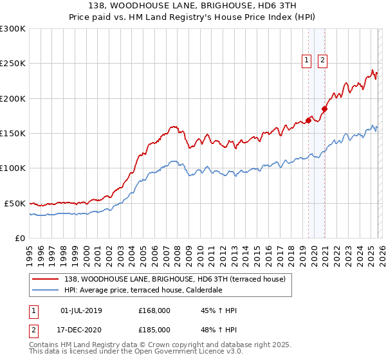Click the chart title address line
[192, 6]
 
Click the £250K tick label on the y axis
[13, 64]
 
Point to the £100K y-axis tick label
[13, 168]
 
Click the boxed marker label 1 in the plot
[306, 61]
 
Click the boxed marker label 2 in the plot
[322, 61]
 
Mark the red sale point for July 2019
[308, 120]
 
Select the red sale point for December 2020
[325, 109]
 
